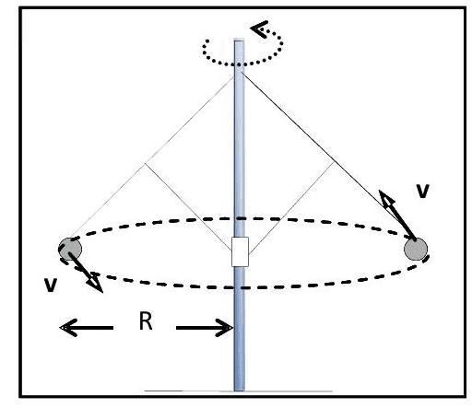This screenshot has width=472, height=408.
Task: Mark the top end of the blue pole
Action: point(240,41)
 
